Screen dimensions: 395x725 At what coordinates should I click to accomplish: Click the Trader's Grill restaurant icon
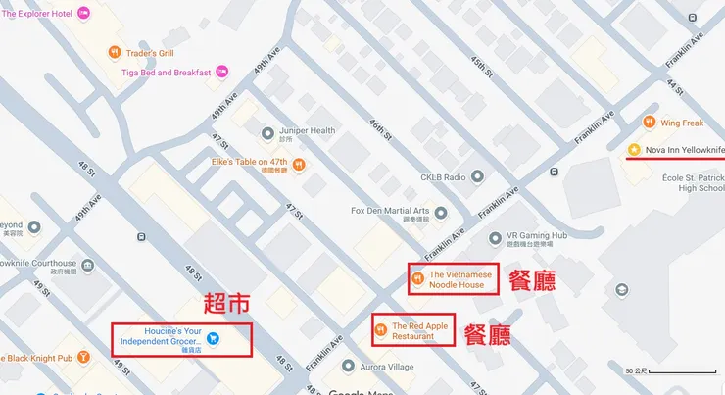coord(116,52)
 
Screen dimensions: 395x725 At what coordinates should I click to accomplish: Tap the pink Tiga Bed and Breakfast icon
coord(221,72)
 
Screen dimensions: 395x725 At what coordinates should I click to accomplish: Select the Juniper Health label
coord(308,131)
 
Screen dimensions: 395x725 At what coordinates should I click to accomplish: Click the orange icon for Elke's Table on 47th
coord(299,164)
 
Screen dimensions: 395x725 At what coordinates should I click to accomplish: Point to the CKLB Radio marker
coord(477,177)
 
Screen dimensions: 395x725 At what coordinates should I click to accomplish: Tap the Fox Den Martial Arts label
coord(390,211)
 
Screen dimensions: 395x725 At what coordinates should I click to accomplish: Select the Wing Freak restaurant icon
coord(649,123)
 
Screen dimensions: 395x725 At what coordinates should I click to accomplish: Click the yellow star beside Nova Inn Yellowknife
coord(634,149)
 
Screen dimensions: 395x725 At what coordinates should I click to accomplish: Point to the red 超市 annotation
coord(224,304)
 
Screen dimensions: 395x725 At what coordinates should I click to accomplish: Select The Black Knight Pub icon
coord(85,358)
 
